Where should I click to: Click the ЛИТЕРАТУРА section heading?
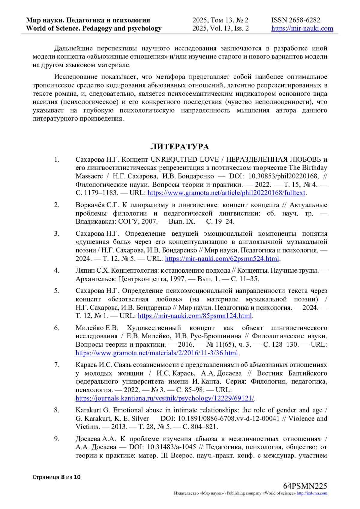[179, 147]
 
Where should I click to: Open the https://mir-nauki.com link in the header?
[302, 28]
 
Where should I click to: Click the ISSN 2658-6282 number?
[296, 20]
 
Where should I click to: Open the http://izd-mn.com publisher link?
[312, 493]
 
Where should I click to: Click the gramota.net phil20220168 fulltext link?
[226, 193]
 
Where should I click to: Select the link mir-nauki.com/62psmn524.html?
[222, 259]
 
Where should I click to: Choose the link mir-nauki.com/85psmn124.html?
[195, 316]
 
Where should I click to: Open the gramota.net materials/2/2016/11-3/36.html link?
[157, 353]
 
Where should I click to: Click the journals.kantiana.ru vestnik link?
[165, 398]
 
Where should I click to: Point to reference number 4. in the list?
[57, 271]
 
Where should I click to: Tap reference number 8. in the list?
[57, 410]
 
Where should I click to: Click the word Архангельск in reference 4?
[96, 279]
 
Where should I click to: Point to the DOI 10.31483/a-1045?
[171, 447]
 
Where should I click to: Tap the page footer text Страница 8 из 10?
[56, 477]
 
